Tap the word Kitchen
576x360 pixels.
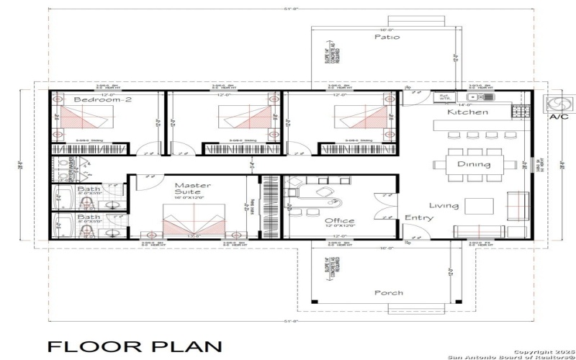(467, 112)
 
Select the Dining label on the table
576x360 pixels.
(473, 164)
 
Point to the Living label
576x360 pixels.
(444, 206)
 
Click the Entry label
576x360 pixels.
(418, 218)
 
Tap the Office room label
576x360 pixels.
(338, 221)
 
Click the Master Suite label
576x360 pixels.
(193, 189)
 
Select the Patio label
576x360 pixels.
(387, 37)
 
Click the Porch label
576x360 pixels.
(389, 293)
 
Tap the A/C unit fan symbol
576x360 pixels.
(557, 104)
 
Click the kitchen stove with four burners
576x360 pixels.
(520, 112)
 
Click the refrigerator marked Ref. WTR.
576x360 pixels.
(444, 96)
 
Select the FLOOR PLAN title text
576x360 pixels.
(130, 346)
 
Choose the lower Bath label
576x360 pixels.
(89, 217)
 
